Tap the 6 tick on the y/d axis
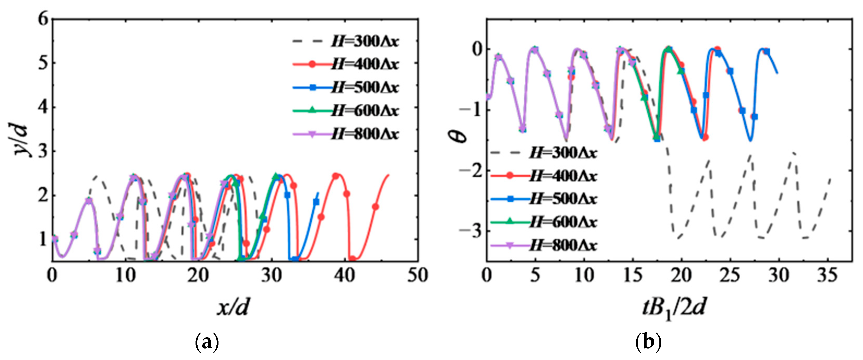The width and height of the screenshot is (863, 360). (44, 19)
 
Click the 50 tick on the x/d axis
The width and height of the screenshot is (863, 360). (417, 275)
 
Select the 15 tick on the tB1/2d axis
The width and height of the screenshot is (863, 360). (633, 275)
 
